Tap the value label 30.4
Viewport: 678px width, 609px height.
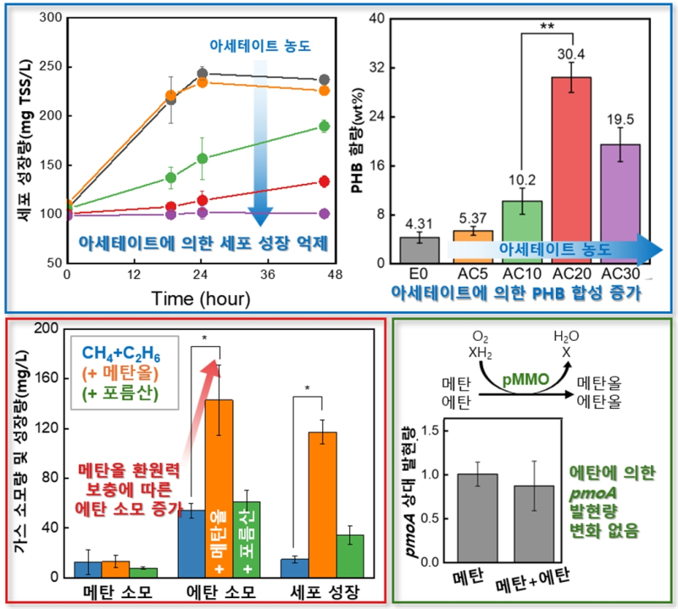point(573,53)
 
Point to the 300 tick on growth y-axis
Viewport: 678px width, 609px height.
point(53,18)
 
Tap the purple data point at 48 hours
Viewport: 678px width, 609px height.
point(324,214)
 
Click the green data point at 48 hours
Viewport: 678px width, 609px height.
point(324,126)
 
